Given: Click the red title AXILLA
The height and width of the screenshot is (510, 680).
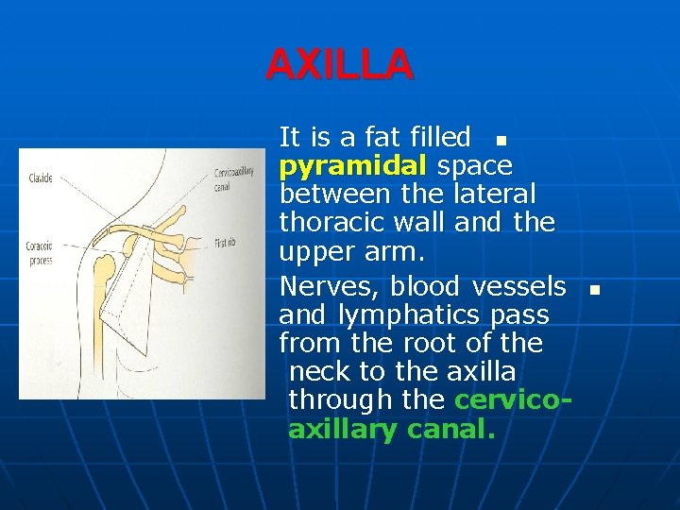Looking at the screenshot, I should click(x=339, y=65).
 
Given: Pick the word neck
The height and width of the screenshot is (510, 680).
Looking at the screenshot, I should click(x=318, y=371).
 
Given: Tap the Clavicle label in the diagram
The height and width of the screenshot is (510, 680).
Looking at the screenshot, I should click(x=41, y=178).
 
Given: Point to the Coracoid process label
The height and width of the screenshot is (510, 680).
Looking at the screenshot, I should click(x=40, y=253).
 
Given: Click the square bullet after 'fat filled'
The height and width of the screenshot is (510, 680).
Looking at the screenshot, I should click(x=501, y=141).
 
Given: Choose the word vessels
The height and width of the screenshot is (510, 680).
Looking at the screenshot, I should click(x=518, y=286).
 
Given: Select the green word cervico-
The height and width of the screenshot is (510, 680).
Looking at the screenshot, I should click(x=513, y=399).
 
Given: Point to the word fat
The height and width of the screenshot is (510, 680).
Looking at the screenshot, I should click(x=383, y=138).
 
